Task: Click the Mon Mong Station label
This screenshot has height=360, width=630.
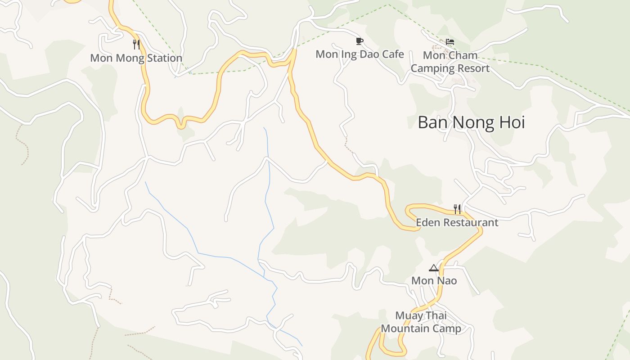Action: tap(136, 58)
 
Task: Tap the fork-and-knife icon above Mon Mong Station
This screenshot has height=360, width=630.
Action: tap(136, 45)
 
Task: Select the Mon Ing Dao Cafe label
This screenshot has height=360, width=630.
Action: tap(360, 54)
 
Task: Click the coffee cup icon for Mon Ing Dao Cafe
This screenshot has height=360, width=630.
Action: tap(359, 41)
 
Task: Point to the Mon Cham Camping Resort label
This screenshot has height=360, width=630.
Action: tap(450, 62)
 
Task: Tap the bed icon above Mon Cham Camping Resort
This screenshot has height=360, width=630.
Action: tap(450, 42)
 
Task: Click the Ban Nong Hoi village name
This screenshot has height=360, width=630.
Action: tap(471, 122)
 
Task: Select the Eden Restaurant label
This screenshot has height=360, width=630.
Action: tap(457, 222)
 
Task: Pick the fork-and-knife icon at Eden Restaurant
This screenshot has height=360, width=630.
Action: tap(457, 209)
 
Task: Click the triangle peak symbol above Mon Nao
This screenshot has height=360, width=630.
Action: tap(433, 268)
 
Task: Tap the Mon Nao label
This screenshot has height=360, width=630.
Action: tap(434, 281)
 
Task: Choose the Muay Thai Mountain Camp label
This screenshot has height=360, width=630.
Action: tap(421, 322)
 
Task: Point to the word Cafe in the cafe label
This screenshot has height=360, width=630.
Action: tap(393, 54)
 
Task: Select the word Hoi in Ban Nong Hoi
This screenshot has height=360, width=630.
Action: tap(510, 122)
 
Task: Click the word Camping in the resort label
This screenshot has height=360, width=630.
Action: tap(432, 69)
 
